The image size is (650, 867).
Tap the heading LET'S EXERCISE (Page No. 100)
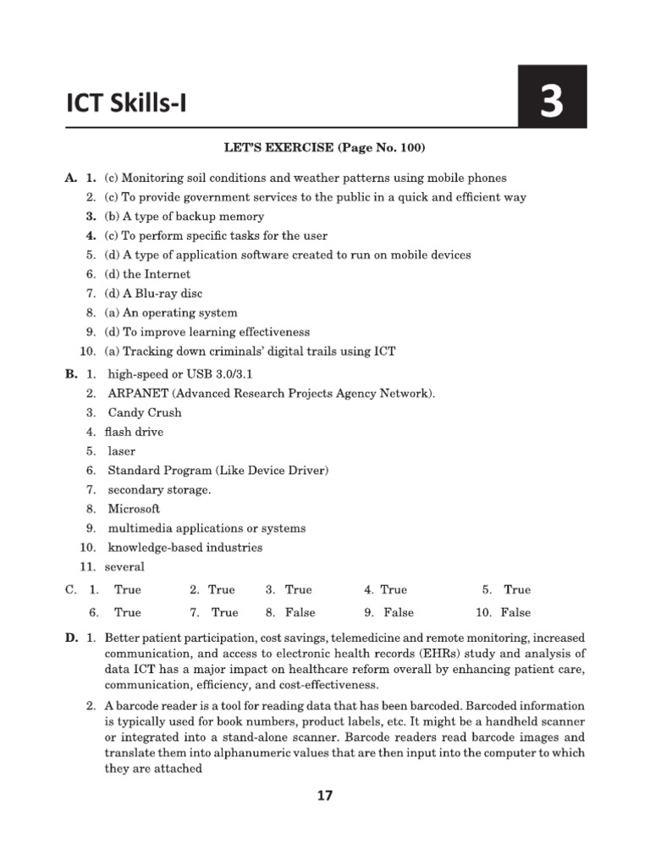[x=324, y=148]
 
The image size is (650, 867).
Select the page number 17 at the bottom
[x=325, y=795]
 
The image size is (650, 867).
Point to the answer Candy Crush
[x=145, y=413]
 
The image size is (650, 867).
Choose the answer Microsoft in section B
[x=134, y=509]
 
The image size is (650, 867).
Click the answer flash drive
[x=134, y=432]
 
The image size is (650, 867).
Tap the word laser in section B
[x=122, y=451]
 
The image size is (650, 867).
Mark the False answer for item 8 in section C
[x=300, y=612]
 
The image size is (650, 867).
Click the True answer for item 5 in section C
[x=517, y=589]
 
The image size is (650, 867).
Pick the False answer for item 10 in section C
[x=515, y=612]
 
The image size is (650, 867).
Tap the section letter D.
[x=71, y=636]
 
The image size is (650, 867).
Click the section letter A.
[x=70, y=178]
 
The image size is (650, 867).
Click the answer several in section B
[x=124, y=566]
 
